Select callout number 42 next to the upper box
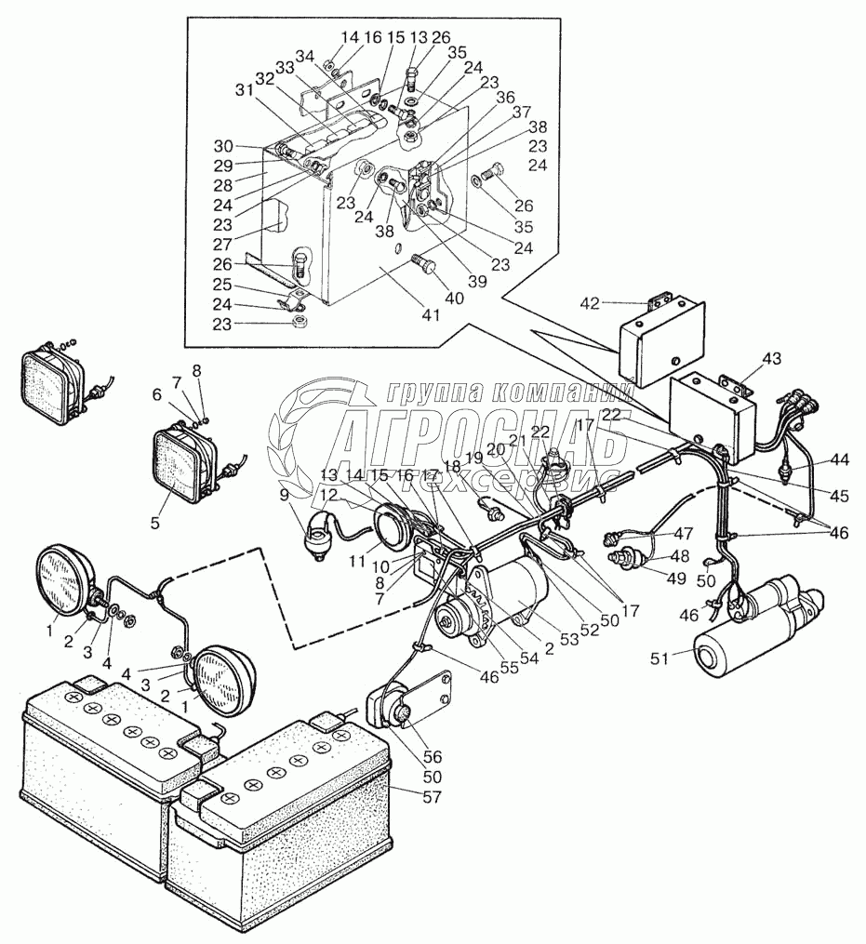coord(591,302)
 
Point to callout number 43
coord(772,359)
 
